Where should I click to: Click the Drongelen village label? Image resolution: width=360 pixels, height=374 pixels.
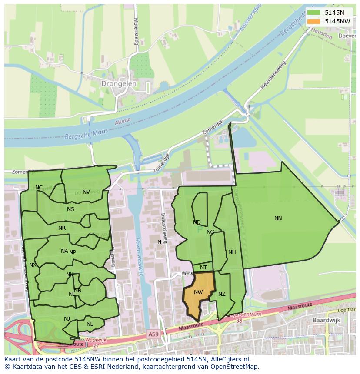119,83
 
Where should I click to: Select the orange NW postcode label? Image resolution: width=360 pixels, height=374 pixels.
198,292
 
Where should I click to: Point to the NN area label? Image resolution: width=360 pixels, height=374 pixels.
278,218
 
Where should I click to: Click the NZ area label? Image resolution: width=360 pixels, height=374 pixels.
222,294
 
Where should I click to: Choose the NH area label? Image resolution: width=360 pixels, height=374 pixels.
232,252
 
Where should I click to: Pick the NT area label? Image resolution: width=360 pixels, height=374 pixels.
203,268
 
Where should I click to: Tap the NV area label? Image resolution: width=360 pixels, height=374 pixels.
86,192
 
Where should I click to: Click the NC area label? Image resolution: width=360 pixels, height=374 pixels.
39,188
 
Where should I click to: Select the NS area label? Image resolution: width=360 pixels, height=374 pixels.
70,209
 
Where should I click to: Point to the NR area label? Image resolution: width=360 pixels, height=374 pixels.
62,228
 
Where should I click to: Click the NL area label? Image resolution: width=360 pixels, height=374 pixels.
90,324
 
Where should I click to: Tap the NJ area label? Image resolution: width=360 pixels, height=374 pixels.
67,319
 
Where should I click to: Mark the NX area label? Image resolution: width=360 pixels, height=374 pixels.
33,265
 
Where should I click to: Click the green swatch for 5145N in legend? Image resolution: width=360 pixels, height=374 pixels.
313,13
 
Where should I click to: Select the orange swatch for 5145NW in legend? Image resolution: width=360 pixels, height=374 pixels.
313,21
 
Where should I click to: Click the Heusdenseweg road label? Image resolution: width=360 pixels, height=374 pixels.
273,76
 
